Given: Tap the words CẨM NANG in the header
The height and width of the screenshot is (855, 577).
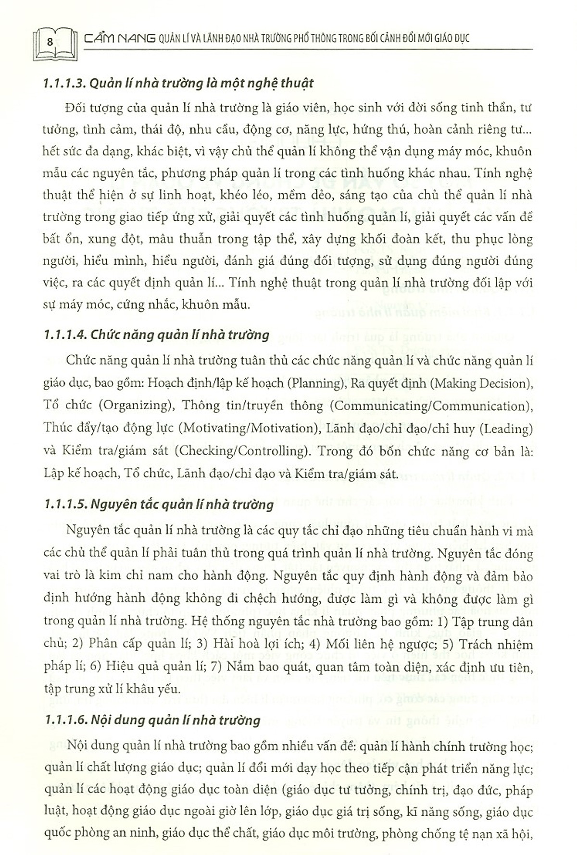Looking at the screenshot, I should [119, 38].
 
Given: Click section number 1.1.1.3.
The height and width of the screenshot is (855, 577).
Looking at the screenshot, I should [64, 83].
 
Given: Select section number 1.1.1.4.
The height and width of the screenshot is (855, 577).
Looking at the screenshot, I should [64, 334].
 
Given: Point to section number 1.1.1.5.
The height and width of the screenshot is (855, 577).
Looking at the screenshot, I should [64, 505].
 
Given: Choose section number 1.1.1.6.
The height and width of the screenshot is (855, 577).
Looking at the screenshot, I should [64, 720].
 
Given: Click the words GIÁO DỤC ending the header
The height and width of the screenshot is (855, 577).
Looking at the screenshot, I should [446, 38].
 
